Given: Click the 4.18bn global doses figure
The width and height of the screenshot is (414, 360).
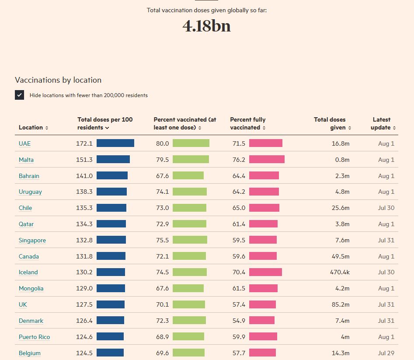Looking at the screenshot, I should coord(206,26).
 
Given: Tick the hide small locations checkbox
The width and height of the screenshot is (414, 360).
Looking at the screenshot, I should coord(19,95).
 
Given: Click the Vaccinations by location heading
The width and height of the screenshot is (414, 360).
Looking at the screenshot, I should coord(58,80).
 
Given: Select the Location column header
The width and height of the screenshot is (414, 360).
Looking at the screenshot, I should coord(33,127).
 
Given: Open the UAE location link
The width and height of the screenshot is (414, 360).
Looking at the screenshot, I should coord(24,143).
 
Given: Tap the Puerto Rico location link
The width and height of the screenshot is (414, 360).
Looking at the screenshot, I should coord(34,337).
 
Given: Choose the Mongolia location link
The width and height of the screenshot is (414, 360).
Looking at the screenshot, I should coord(31,288).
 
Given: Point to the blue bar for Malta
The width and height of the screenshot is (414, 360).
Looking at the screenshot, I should coord(113,160).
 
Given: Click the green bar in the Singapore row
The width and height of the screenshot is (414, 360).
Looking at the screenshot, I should coord(190,240).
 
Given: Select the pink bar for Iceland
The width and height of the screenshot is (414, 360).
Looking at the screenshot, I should coord(265,272).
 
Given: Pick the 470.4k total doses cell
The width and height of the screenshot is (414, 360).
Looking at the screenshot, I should coord(340,272).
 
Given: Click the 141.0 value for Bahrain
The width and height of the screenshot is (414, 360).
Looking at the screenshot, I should coord(84,176).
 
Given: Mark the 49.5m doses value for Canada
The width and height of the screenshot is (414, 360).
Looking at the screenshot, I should coord(341,256).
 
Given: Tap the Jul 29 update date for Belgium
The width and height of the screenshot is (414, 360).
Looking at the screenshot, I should coord(386,353).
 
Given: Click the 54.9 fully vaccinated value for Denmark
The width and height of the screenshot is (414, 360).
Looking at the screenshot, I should coord(239,321).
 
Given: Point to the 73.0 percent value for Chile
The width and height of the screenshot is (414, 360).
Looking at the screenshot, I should coord(162,208).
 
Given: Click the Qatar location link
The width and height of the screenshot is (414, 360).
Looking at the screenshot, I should coord(26,224).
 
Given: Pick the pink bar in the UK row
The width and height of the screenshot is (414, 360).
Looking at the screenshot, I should coord(262,304).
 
